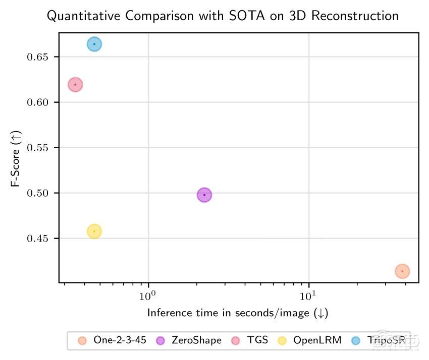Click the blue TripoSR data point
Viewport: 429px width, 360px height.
[94, 44]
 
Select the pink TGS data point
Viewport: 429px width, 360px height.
[75, 85]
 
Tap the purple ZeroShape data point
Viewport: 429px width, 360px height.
[204, 195]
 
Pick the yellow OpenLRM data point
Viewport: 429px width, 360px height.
[94, 231]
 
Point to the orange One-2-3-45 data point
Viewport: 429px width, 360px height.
[402, 271]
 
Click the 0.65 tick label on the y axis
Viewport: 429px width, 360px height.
[38, 57]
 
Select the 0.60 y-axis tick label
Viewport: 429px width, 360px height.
[38, 102]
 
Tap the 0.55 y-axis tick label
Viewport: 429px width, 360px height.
[38, 148]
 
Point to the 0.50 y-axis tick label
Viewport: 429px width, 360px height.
[38, 193]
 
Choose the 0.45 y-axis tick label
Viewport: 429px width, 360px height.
[38, 238]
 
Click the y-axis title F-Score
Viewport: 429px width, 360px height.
[15, 157]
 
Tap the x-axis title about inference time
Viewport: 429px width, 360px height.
[238, 313]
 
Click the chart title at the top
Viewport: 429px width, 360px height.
[223, 17]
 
